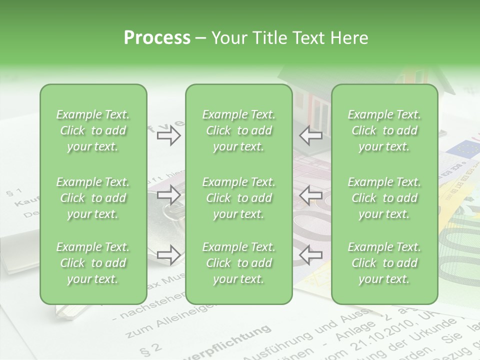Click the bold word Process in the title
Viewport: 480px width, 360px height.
(157, 38)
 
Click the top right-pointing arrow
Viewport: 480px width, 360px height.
(169, 135)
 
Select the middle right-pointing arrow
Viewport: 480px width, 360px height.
(169, 195)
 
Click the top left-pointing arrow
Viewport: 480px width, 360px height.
(310, 135)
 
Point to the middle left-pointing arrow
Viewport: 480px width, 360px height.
(310, 195)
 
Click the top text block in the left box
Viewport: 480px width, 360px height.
(93, 130)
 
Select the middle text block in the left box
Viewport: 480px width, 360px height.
(93, 198)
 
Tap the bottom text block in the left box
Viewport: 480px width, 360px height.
(93, 263)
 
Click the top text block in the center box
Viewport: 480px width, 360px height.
(238, 130)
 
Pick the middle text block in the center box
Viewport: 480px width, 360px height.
(238, 198)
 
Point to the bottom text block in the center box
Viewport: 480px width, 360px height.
(238, 263)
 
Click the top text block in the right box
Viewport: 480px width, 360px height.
(384, 130)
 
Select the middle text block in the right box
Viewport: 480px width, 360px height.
(384, 198)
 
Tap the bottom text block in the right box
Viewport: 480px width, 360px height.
(384, 263)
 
